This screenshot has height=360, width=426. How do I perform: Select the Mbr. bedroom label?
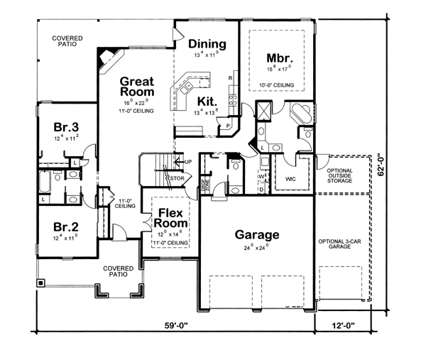(276, 58)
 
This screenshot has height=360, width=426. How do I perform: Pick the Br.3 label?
(65, 127)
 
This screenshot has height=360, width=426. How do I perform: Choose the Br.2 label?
(65, 227)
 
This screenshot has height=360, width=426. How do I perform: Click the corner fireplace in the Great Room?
(108, 58)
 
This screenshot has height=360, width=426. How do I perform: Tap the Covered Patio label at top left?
(66, 40)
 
